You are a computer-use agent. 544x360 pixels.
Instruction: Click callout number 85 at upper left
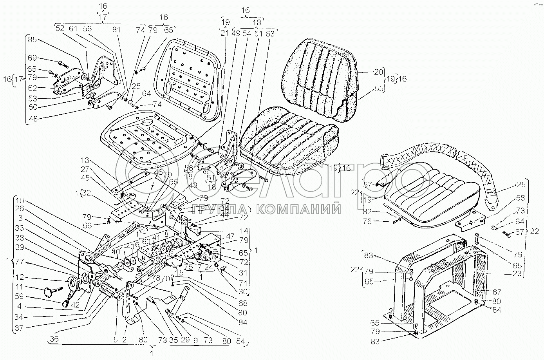tap(32, 40)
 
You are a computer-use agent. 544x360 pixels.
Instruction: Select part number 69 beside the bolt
tap(32, 58)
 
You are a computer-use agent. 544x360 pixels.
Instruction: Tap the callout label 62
tap(32, 89)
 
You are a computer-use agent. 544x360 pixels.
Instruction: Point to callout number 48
tap(32, 118)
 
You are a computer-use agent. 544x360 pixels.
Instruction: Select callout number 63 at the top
tap(270, 34)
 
